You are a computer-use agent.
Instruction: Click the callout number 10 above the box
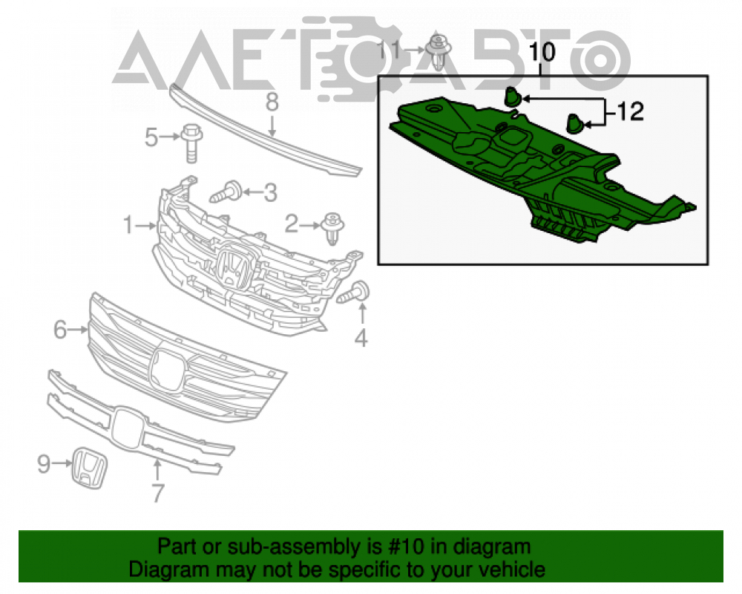click(x=542, y=52)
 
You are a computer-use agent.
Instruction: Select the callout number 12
click(x=630, y=112)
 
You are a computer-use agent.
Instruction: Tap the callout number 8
click(x=272, y=102)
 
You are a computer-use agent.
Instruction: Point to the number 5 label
click(x=151, y=137)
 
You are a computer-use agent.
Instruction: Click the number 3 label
click(x=270, y=193)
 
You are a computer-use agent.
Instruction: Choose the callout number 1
click(x=128, y=224)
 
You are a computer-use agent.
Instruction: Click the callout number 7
click(x=157, y=492)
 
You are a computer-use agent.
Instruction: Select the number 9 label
click(x=44, y=464)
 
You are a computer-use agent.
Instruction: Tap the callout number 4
click(x=361, y=339)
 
